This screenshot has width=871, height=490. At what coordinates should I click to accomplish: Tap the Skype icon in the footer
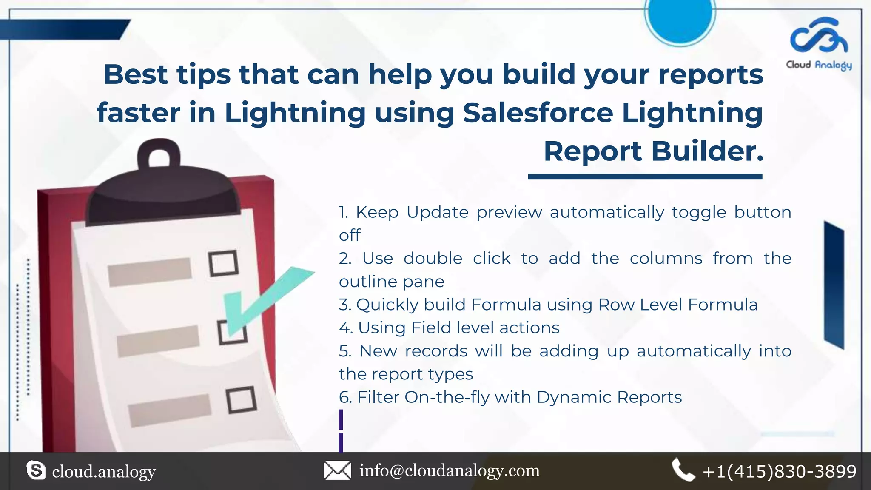36,470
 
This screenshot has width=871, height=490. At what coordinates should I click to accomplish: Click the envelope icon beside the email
337,470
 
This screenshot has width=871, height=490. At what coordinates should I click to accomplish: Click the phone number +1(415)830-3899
780,471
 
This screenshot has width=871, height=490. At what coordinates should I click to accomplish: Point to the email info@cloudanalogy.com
450,470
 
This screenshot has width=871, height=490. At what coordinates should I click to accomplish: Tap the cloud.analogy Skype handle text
104,471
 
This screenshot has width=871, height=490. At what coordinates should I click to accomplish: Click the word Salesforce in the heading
538,113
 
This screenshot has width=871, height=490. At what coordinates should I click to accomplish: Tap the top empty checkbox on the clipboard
223,263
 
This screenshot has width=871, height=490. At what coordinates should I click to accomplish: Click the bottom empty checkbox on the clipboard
241,399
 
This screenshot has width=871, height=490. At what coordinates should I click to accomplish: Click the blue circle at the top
680,17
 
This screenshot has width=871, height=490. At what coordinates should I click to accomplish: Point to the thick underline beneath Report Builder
645,177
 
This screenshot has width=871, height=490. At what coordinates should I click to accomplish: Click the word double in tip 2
433,259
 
